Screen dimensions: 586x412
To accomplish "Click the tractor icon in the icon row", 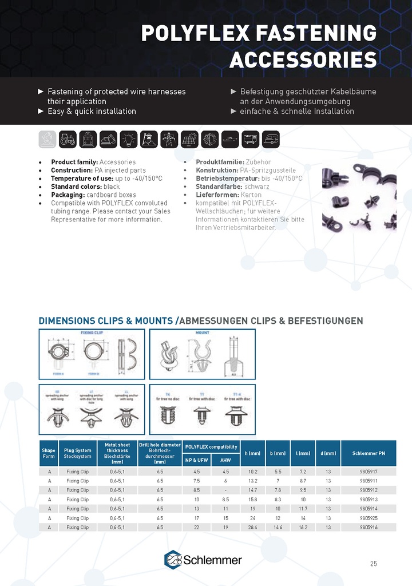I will click(x=68, y=139).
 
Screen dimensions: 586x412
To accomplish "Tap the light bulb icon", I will click(x=128, y=139).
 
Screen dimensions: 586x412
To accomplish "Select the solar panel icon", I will click(x=189, y=139).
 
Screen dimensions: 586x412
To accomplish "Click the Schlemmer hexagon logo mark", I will click(x=173, y=559).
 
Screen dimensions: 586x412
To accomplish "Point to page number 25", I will click(x=373, y=564).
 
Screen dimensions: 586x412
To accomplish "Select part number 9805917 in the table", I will click(x=369, y=472).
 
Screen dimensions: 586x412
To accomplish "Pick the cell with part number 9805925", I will click(x=369, y=518).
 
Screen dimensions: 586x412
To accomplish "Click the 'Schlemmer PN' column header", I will click(x=369, y=453).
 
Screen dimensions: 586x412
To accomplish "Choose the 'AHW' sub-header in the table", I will click(x=225, y=460).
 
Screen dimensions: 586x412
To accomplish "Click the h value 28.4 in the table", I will click(x=252, y=527).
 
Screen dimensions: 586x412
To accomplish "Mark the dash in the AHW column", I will click(x=225, y=490).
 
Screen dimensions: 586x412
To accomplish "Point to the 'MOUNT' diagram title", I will click(x=203, y=332).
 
